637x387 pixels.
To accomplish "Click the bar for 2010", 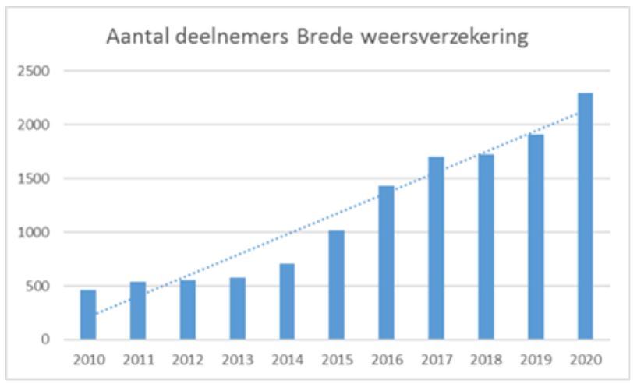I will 88,315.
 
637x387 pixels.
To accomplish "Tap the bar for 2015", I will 336,285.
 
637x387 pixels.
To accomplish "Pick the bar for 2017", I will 436,248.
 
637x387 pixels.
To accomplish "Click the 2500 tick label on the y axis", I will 34,72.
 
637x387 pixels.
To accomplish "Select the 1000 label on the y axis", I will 34,232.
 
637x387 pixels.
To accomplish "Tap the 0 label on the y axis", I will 45,340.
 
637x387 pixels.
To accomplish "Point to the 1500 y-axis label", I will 34,178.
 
